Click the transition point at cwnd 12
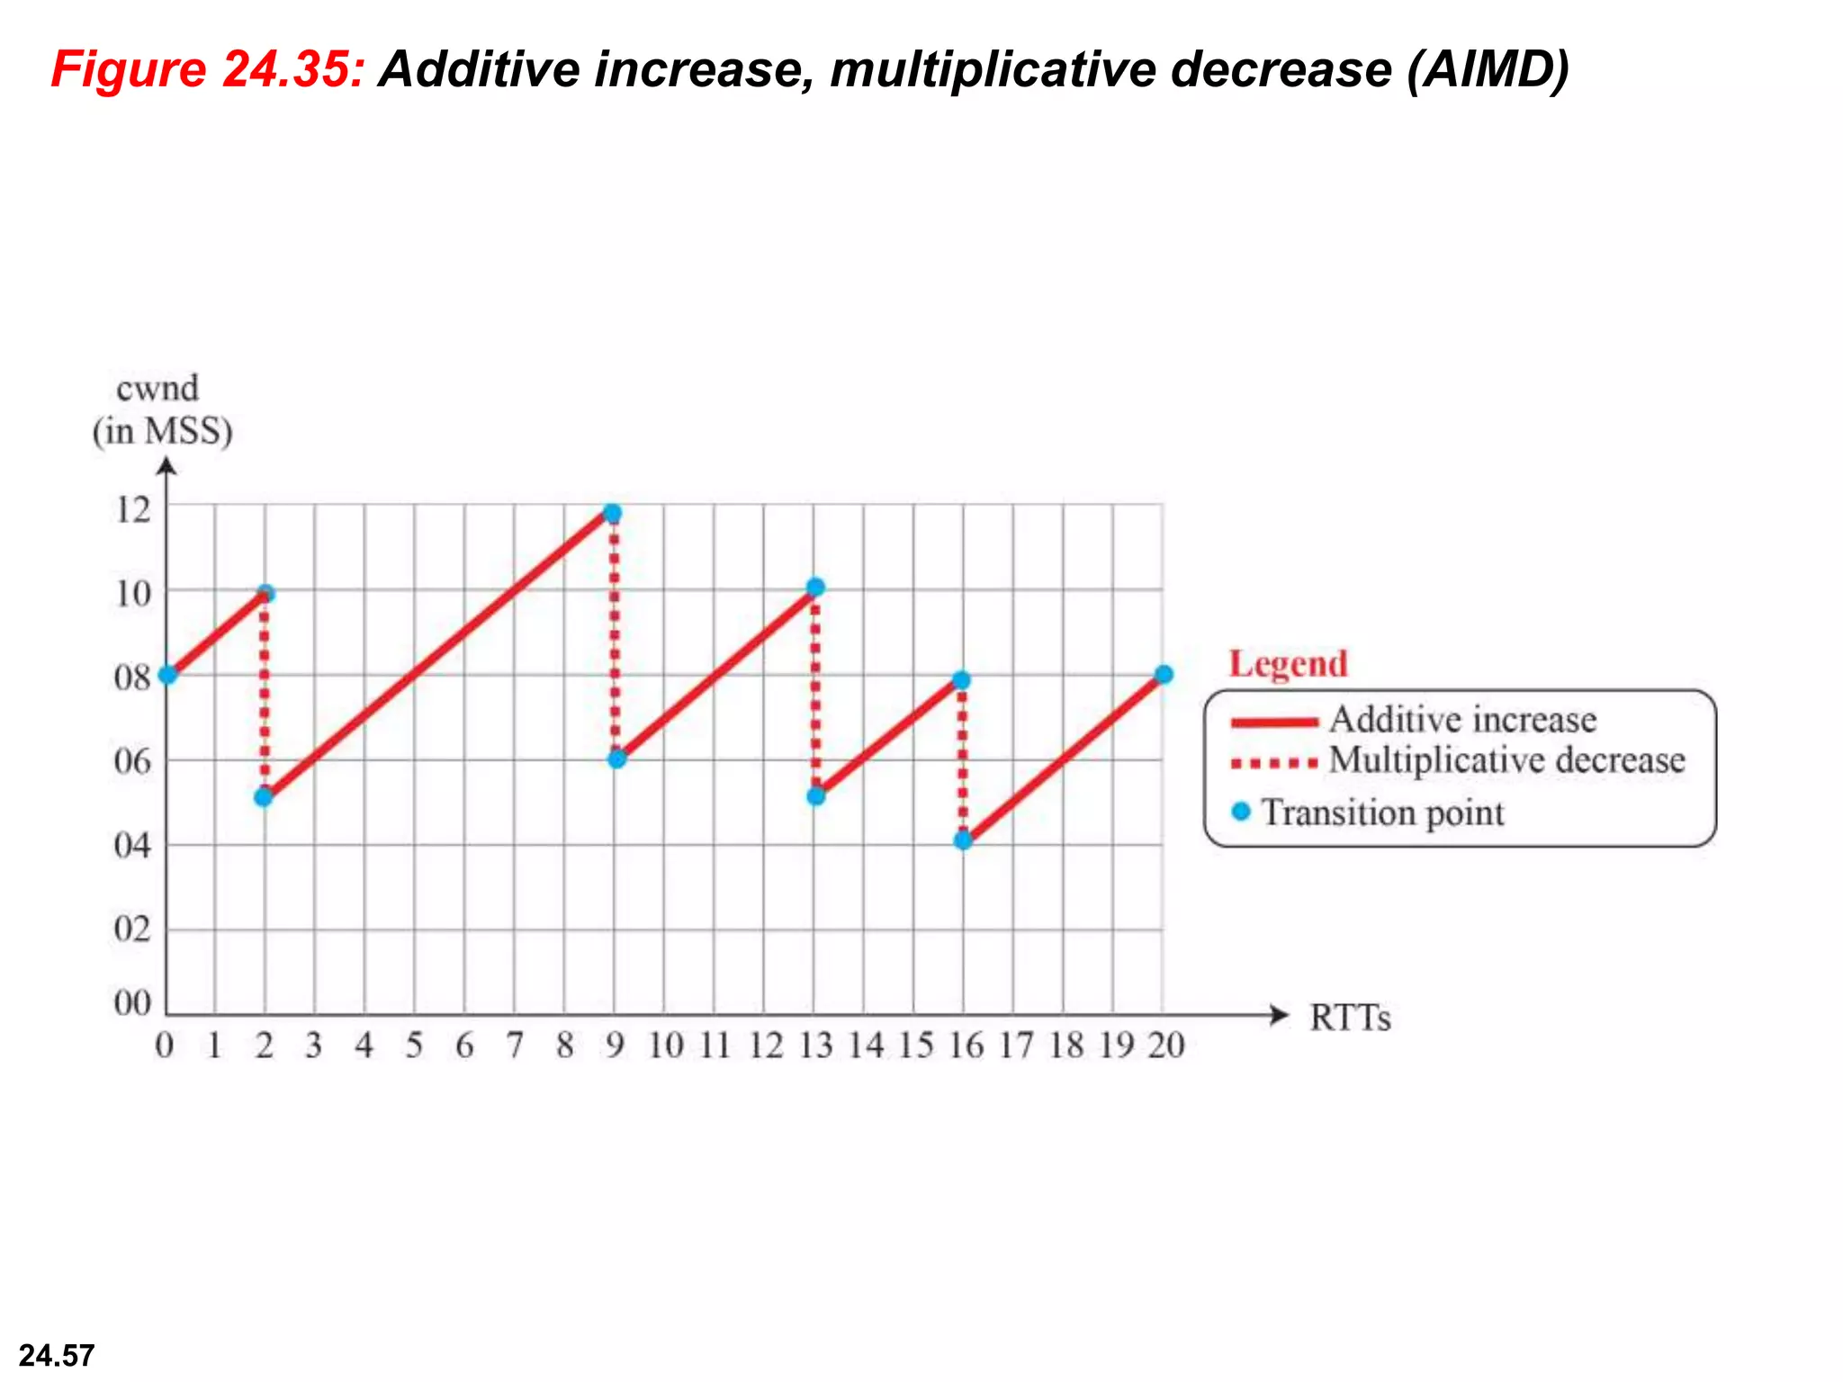[x=613, y=514]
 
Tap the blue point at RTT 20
[x=1164, y=675]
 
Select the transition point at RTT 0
[x=167, y=675]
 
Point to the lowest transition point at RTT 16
[x=963, y=840]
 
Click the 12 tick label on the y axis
[x=133, y=510]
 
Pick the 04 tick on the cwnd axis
[x=133, y=846]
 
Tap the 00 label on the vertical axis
[x=133, y=1002]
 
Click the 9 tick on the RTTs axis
[x=615, y=1045]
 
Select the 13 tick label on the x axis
[x=816, y=1045]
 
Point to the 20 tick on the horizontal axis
[x=1166, y=1045]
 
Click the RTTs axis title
[x=1350, y=1019]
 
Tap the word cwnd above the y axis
[x=157, y=389]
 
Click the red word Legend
[x=1289, y=664]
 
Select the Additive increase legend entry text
[x=1462, y=720]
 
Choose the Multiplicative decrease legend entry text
[x=1507, y=760]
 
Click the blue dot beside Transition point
[x=1241, y=812]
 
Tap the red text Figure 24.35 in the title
[x=208, y=69]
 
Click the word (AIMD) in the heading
[x=1488, y=69]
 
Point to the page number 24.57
[x=57, y=1355]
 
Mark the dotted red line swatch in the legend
[x=1274, y=764]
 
